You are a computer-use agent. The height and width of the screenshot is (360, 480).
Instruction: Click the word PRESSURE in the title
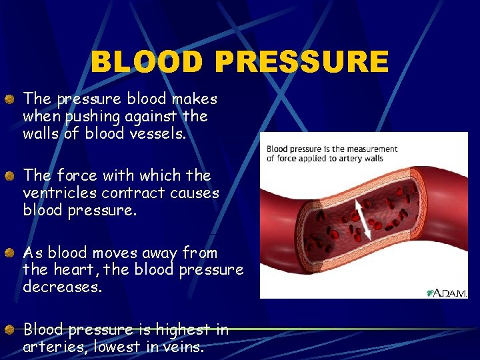pyautogui.click(x=301, y=63)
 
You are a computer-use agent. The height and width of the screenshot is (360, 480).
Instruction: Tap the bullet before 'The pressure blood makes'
pyautogui.click(x=11, y=99)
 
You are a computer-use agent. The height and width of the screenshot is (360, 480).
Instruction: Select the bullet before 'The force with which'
pyautogui.click(x=11, y=176)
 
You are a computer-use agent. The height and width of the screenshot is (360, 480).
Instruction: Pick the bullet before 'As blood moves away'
pyautogui.click(x=11, y=253)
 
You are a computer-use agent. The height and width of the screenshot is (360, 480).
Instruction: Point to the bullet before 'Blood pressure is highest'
pyautogui.click(x=11, y=329)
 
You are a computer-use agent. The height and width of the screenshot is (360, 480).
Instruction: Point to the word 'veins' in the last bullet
pyautogui.click(x=185, y=347)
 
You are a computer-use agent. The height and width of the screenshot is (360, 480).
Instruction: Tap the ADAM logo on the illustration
pyautogui.click(x=446, y=293)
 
